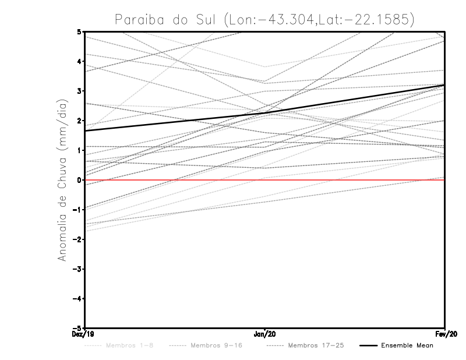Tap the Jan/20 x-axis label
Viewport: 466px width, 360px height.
(265, 334)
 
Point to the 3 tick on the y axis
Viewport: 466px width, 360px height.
(79, 90)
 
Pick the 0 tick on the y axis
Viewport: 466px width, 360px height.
(79, 180)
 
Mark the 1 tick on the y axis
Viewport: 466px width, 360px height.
(79, 150)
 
